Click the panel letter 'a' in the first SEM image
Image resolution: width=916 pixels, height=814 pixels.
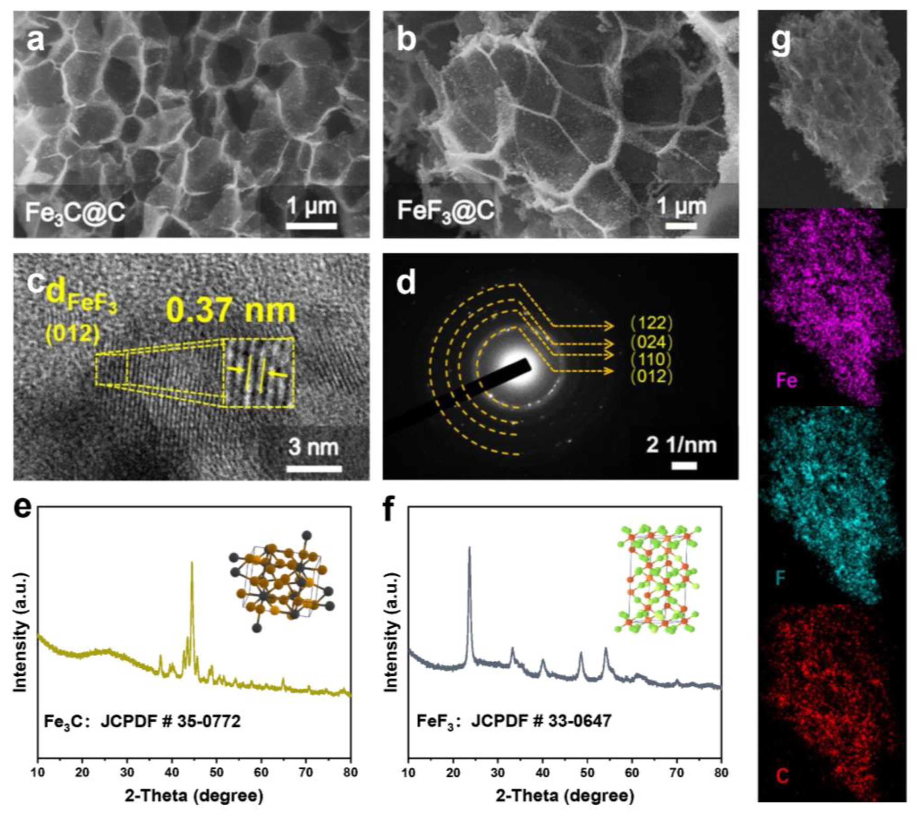[36, 41]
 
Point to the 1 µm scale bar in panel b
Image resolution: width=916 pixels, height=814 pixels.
[681, 225]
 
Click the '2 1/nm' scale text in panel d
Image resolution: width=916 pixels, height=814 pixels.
[681, 445]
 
